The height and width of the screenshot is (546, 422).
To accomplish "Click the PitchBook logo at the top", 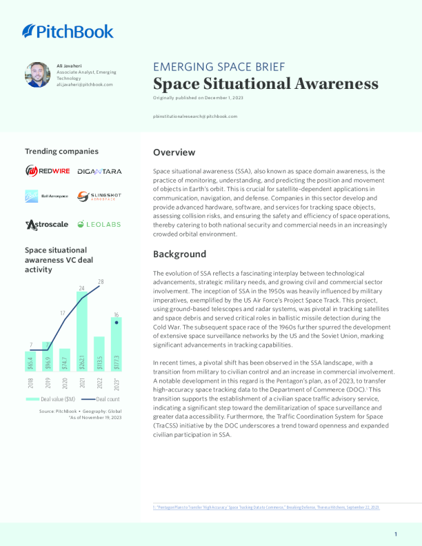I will [x=68, y=31].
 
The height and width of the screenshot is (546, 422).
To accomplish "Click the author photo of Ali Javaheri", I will [x=37, y=75].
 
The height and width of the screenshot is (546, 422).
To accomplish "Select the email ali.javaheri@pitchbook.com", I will [x=85, y=84].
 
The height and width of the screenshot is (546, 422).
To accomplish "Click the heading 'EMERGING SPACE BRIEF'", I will [x=219, y=67].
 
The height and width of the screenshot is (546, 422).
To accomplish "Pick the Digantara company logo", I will [x=99, y=171].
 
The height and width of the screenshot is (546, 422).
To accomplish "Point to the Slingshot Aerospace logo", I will [x=99, y=196].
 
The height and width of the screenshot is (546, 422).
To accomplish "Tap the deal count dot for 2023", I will [x=117, y=322].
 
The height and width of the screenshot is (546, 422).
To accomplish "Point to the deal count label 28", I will [x=101, y=282].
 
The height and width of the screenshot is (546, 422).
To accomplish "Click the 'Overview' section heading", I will [x=174, y=152].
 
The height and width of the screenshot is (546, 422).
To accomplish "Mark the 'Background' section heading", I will [x=180, y=254].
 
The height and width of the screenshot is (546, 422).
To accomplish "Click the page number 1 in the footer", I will [x=396, y=534].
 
